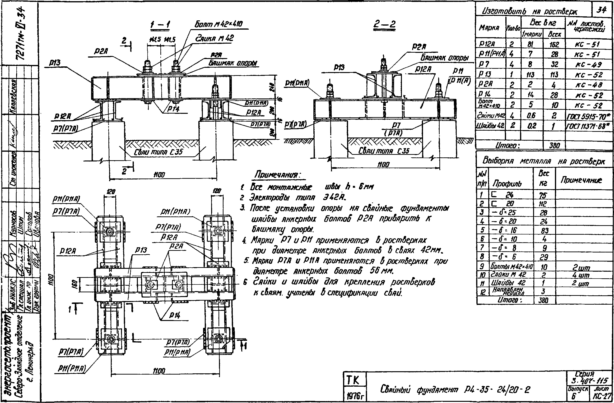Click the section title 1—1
point(160,25)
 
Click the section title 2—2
point(384,25)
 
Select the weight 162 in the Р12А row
point(554,44)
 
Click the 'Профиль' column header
point(507,183)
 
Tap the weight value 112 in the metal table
point(543,204)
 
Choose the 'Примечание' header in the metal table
point(581,180)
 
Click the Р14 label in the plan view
point(175,315)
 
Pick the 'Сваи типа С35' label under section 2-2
point(384,151)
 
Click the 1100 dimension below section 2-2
point(383,165)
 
